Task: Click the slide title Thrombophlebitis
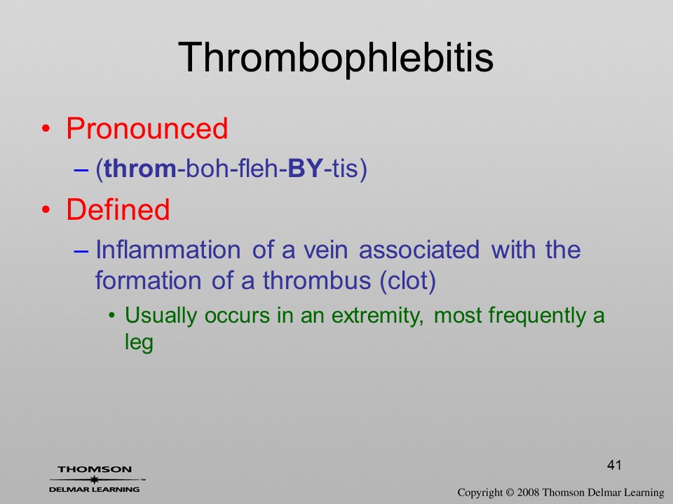[x=336, y=58]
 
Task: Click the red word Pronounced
[x=147, y=128]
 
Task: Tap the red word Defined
[x=118, y=209]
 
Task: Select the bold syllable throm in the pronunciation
[x=140, y=169]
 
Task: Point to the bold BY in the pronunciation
[x=305, y=169]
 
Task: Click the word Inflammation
[x=168, y=249]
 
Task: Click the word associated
[x=419, y=249]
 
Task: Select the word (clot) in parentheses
[x=408, y=281]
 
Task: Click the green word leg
[x=139, y=343]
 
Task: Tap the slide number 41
[x=614, y=465]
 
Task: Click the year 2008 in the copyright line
[x=527, y=492]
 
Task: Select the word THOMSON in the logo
[x=95, y=469]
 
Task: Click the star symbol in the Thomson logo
[x=94, y=479]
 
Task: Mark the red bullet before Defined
[x=46, y=209]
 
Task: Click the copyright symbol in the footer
[x=510, y=492]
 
